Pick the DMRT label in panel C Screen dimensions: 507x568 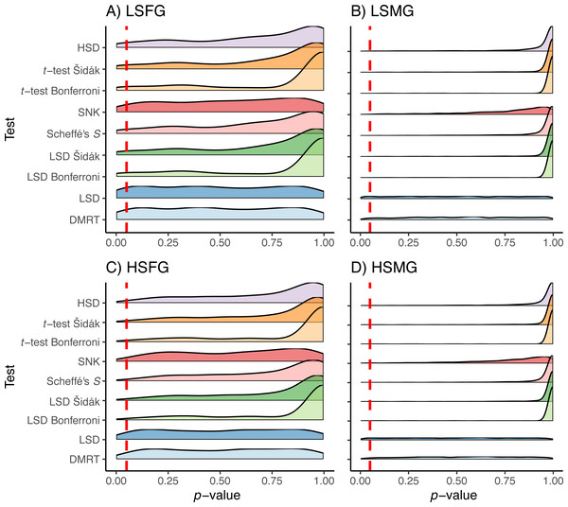coord(91,460)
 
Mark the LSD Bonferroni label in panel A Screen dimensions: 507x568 coord(71,176)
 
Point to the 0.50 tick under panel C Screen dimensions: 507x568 coord(221,481)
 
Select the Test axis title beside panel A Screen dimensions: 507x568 coord(9,127)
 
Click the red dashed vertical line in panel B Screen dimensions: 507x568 coord(370,123)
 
